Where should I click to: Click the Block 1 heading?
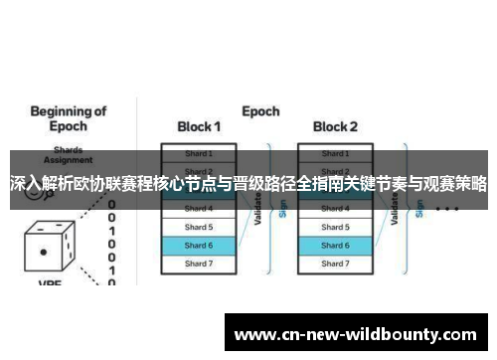coord(199,127)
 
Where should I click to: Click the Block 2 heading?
coord(336,127)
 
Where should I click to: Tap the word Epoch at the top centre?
coord(260,111)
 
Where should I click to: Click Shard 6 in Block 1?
coord(199,245)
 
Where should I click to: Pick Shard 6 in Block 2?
coord(335,245)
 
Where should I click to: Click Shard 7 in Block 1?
coord(199,264)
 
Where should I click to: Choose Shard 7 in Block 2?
coord(335,264)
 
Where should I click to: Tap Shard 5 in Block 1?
coord(199,227)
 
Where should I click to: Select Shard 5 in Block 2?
coord(335,227)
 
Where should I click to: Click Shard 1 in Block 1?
coord(199,153)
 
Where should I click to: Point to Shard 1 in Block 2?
coord(335,153)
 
